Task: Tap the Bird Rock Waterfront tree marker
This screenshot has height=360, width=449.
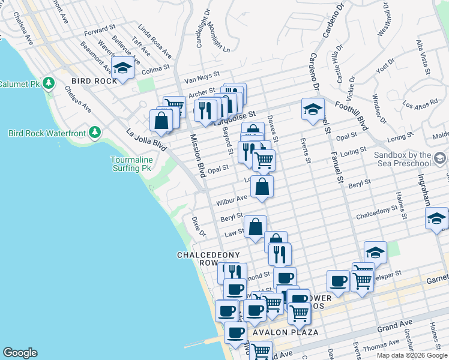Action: [x=94, y=132]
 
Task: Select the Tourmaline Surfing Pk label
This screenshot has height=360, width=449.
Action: [x=131, y=164]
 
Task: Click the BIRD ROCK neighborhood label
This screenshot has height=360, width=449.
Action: [x=91, y=81]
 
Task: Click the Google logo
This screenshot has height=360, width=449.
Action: [x=20, y=353]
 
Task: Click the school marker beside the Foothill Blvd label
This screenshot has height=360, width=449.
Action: [x=313, y=110]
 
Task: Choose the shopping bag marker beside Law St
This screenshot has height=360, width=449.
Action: [x=255, y=227]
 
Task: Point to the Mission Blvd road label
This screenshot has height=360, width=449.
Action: [x=199, y=155]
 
